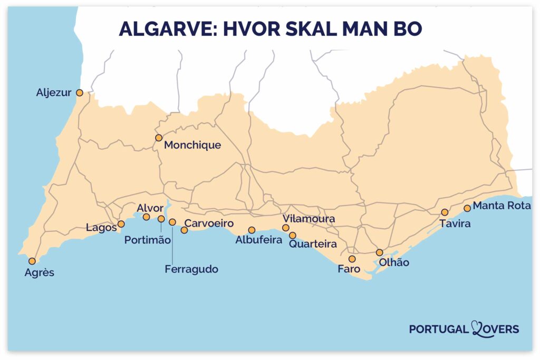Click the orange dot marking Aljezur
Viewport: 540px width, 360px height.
tap(80, 93)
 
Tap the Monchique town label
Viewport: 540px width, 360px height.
tap(192, 145)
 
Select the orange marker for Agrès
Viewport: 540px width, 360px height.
tap(32, 261)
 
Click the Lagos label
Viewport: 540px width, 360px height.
tap(101, 228)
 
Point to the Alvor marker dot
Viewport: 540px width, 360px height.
tap(147, 217)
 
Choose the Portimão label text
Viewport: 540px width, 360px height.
tap(148, 240)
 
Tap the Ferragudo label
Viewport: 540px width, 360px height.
tap(191, 269)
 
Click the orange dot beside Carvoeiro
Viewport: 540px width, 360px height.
tap(184, 230)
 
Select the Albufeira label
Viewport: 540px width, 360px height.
tap(256, 240)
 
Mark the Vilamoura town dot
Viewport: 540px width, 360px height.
tap(286, 228)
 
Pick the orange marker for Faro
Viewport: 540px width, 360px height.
tap(352, 259)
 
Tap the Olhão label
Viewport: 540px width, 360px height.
tap(390, 262)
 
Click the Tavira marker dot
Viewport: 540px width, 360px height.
tap(445, 212)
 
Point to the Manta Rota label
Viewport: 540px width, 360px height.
tap(502, 206)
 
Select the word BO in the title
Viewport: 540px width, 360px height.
tap(407, 29)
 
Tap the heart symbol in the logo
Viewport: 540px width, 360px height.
tap(477, 329)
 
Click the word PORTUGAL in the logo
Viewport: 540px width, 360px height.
tap(438, 329)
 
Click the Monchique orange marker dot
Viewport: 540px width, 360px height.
tap(158, 138)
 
